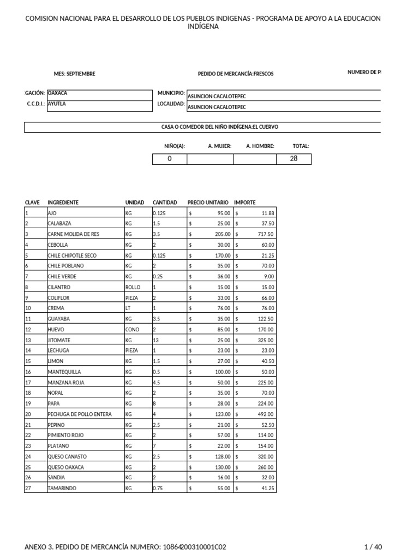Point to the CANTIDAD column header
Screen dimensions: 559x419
pos(165,203)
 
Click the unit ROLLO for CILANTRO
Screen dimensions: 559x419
pos(133,287)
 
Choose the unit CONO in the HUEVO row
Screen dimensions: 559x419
pos(132,330)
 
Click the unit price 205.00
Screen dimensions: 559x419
pos(223,234)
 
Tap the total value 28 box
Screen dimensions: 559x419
pos(294,159)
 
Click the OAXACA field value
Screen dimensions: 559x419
pos(57,93)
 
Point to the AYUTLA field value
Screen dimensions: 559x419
pos(57,104)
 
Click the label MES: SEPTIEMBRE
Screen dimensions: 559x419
pos(74,74)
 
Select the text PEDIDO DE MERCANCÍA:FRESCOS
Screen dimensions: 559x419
pos(236,74)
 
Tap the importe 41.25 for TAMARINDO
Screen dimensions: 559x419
pos(267,488)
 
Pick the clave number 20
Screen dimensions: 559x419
pos(29,414)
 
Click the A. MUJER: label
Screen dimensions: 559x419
pos(220,146)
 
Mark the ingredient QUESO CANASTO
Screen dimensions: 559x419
pos(67,456)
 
